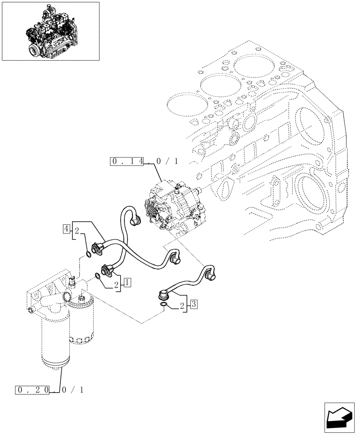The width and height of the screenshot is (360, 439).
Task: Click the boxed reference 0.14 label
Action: click(128, 162)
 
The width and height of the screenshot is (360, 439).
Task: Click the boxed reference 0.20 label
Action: click(32, 389)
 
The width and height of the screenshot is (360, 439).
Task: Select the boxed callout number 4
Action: click(66, 228)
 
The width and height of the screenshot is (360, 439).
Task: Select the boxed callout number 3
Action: click(194, 303)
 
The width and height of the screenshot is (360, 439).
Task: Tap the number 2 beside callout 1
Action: click(117, 285)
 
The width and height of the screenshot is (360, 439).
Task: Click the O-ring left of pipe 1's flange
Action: click(97, 276)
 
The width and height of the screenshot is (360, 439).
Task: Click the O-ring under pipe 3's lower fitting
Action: click(163, 305)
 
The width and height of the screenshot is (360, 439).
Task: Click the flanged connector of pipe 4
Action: click(100, 245)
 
